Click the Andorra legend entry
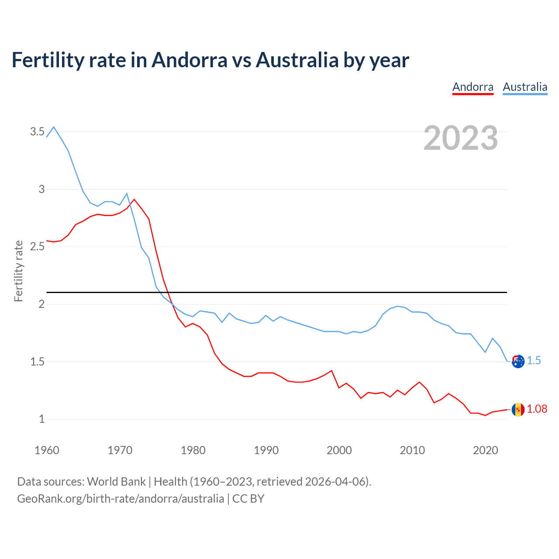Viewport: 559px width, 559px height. tap(473, 87)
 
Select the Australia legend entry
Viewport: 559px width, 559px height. tap(525, 87)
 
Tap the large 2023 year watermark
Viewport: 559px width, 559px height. tap(461, 138)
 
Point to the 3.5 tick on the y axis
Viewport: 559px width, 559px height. tap(37, 131)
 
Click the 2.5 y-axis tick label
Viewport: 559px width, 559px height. tap(37, 246)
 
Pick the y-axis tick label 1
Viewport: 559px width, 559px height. tap(42, 419)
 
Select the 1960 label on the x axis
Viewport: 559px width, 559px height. tap(47, 450)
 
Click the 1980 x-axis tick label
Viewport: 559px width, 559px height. tap(193, 450)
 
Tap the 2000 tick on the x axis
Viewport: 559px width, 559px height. tap(339, 450)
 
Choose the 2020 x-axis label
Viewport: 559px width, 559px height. tap(485, 450)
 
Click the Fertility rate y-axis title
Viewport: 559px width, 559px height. tap(18, 271)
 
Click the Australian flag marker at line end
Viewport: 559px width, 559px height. tap(518, 361)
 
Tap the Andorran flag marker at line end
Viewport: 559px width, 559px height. tap(518, 410)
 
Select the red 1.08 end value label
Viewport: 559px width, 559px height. tap(537, 409)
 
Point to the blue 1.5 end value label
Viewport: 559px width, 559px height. tap(534, 361)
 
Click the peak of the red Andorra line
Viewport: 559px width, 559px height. tap(134, 199)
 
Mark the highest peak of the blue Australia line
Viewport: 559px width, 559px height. tap(54, 127)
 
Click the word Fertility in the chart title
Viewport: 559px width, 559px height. tap(47, 60)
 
